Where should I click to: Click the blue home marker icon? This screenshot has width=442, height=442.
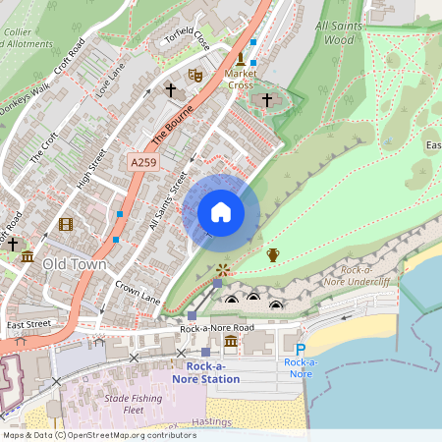(221, 211)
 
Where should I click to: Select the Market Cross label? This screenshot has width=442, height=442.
(240, 79)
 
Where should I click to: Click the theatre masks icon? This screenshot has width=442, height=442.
(194, 75)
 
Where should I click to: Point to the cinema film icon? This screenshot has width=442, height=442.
(66, 224)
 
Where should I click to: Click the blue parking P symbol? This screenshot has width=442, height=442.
(301, 349)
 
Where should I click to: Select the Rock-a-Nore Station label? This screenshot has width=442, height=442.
(205, 372)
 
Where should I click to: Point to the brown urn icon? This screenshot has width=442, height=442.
(273, 255)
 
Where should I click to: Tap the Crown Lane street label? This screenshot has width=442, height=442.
(138, 292)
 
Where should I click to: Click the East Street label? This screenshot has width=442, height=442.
(28, 324)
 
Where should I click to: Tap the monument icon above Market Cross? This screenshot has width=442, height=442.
(241, 59)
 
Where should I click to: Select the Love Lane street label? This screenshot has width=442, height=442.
(110, 83)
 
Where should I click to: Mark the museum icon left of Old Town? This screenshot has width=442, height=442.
(28, 258)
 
